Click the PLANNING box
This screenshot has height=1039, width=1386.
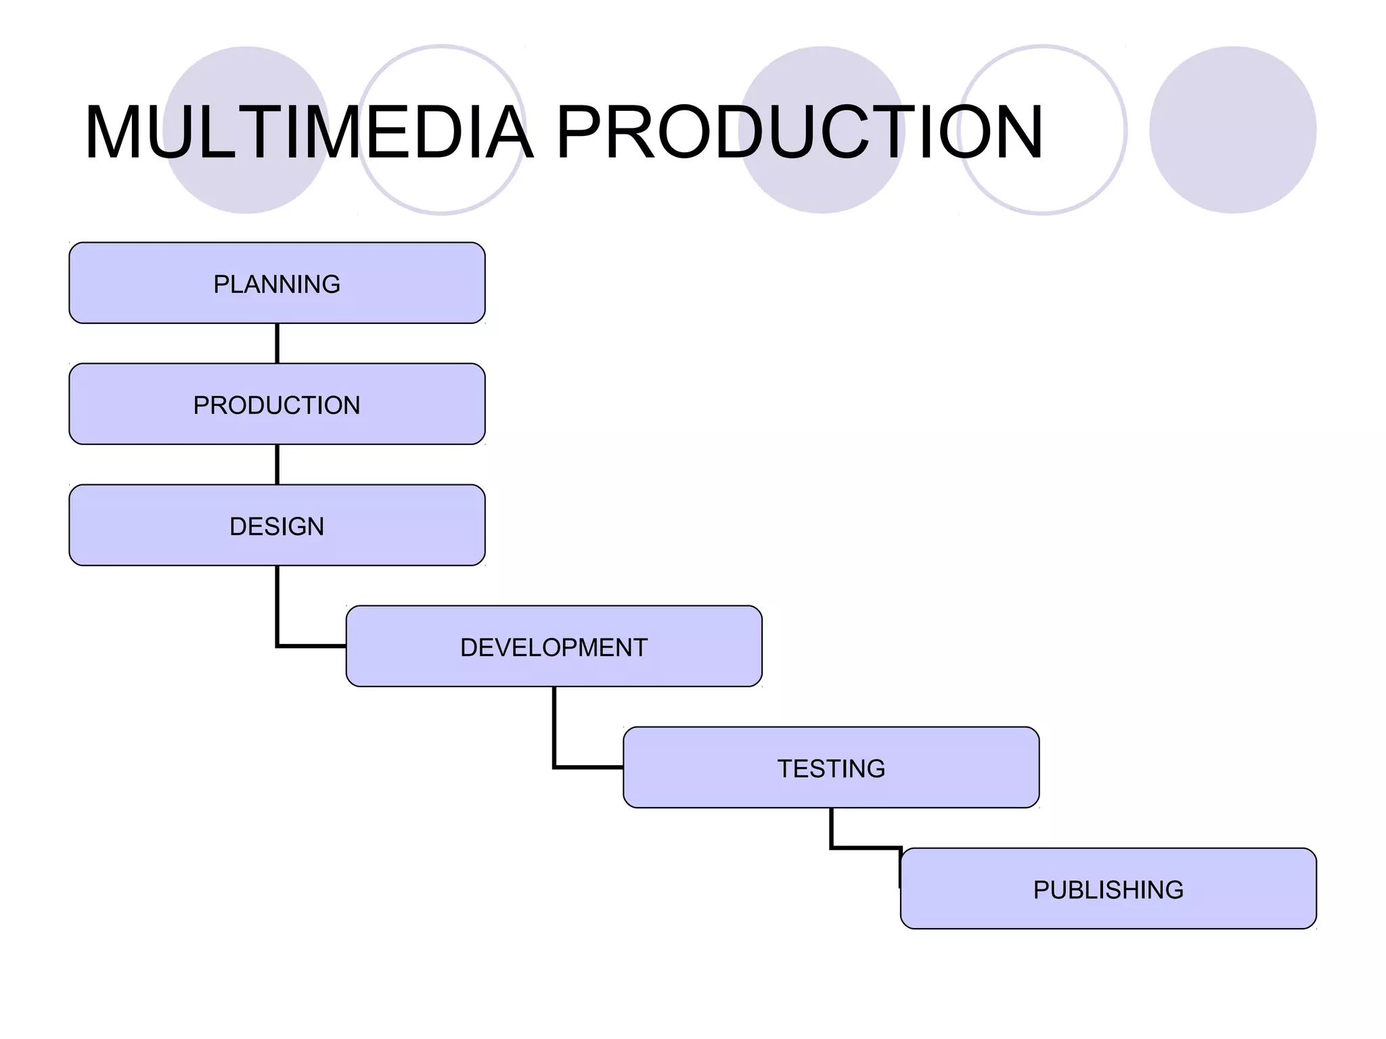(277, 283)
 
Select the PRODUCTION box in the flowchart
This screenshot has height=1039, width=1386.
(277, 404)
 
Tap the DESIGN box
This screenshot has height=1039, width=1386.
(277, 525)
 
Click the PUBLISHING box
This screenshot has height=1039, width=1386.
(1108, 888)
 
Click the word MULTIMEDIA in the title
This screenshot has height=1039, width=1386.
(308, 132)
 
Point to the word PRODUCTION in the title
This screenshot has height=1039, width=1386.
(799, 132)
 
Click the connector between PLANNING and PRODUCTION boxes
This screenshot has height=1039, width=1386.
(277, 343)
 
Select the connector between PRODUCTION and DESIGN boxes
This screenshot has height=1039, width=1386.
(277, 464)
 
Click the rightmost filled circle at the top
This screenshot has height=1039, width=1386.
(1232, 130)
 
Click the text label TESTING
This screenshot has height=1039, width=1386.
(830, 768)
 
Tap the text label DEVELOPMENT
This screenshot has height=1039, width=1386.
(554, 647)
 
